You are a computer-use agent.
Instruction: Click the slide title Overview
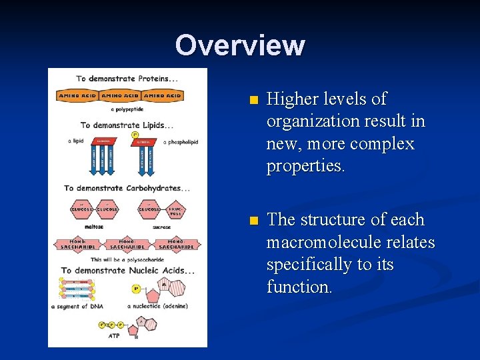click(x=240, y=45)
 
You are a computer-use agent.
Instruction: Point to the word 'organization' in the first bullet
click(x=307, y=121)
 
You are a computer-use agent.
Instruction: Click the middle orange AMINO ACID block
click(x=120, y=96)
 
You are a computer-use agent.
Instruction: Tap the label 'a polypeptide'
click(x=127, y=109)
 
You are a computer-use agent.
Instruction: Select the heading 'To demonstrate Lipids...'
click(x=127, y=125)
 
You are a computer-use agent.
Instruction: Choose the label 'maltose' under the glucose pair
click(x=94, y=227)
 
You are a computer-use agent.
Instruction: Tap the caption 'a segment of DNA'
click(x=78, y=307)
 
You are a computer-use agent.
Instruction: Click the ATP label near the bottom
click(x=115, y=337)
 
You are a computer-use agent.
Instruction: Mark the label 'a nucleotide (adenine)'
click(x=157, y=307)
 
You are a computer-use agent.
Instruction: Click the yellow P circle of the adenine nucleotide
click(x=135, y=289)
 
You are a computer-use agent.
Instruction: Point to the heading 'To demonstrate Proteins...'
click(x=127, y=78)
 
